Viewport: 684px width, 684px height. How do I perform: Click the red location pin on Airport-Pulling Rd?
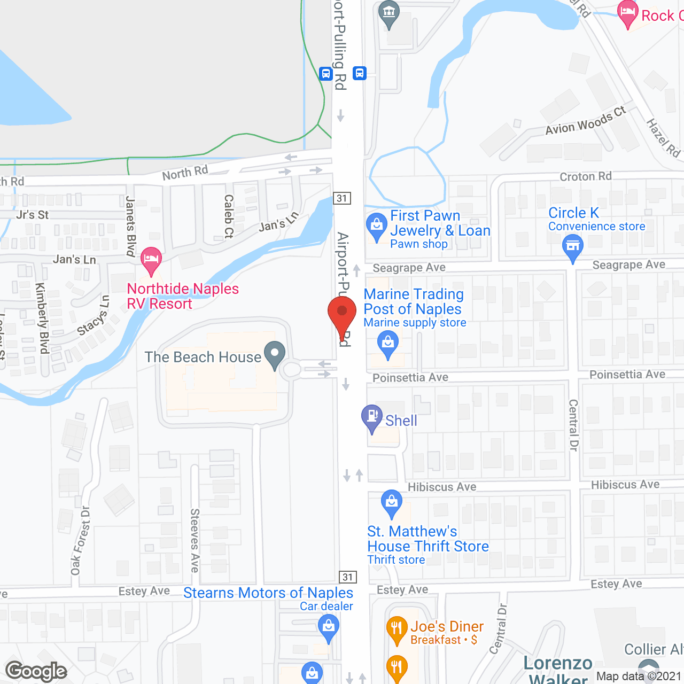click(x=342, y=313)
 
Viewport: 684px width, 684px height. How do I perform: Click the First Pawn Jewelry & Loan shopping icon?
click(x=377, y=226)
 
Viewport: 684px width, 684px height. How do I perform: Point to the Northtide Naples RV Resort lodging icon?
click(x=152, y=259)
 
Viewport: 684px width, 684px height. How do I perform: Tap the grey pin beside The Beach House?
click(x=275, y=354)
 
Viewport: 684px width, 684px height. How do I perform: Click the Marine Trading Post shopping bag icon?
click(x=388, y=343)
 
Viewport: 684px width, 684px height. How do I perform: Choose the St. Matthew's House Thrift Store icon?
click(x=392, y=502)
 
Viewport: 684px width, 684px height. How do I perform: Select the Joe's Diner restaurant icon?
click(x=397, y=628)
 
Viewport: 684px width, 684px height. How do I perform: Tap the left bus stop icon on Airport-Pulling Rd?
click(x=325, y=74)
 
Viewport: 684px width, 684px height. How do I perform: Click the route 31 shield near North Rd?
click(x=342, y=198)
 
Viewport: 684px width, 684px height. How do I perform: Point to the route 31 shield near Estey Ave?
click(x=348, y=577)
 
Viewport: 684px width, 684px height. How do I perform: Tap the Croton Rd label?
click(x=586, y=176)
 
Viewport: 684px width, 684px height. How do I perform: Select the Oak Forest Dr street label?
click(x=81, y=540)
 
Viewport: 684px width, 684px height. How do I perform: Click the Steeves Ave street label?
click(x=195, y=540)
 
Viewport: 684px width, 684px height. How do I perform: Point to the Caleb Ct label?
click(x=229, y=216)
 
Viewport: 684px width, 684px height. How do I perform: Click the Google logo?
click(x=36, y=671)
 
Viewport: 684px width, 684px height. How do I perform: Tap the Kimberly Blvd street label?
click(x=42, y=318)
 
